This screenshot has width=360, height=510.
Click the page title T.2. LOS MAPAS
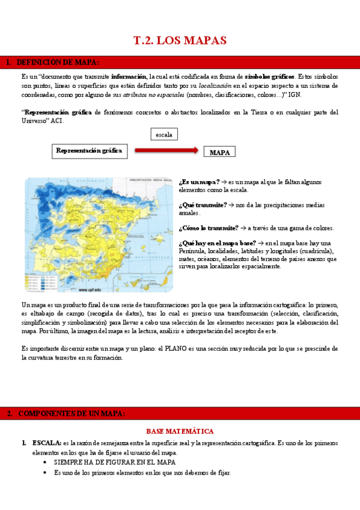[179, 41]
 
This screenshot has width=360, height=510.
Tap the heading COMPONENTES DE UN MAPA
[72, 413]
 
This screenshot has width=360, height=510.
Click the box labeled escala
[163, 135]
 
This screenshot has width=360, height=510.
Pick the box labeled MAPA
[219, 153]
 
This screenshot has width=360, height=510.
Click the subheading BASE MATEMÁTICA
[180, 431]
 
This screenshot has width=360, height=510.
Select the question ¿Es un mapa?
[198, 182]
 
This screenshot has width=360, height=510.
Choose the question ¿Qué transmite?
[203, 205]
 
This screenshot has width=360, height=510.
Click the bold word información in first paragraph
[129, 77]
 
